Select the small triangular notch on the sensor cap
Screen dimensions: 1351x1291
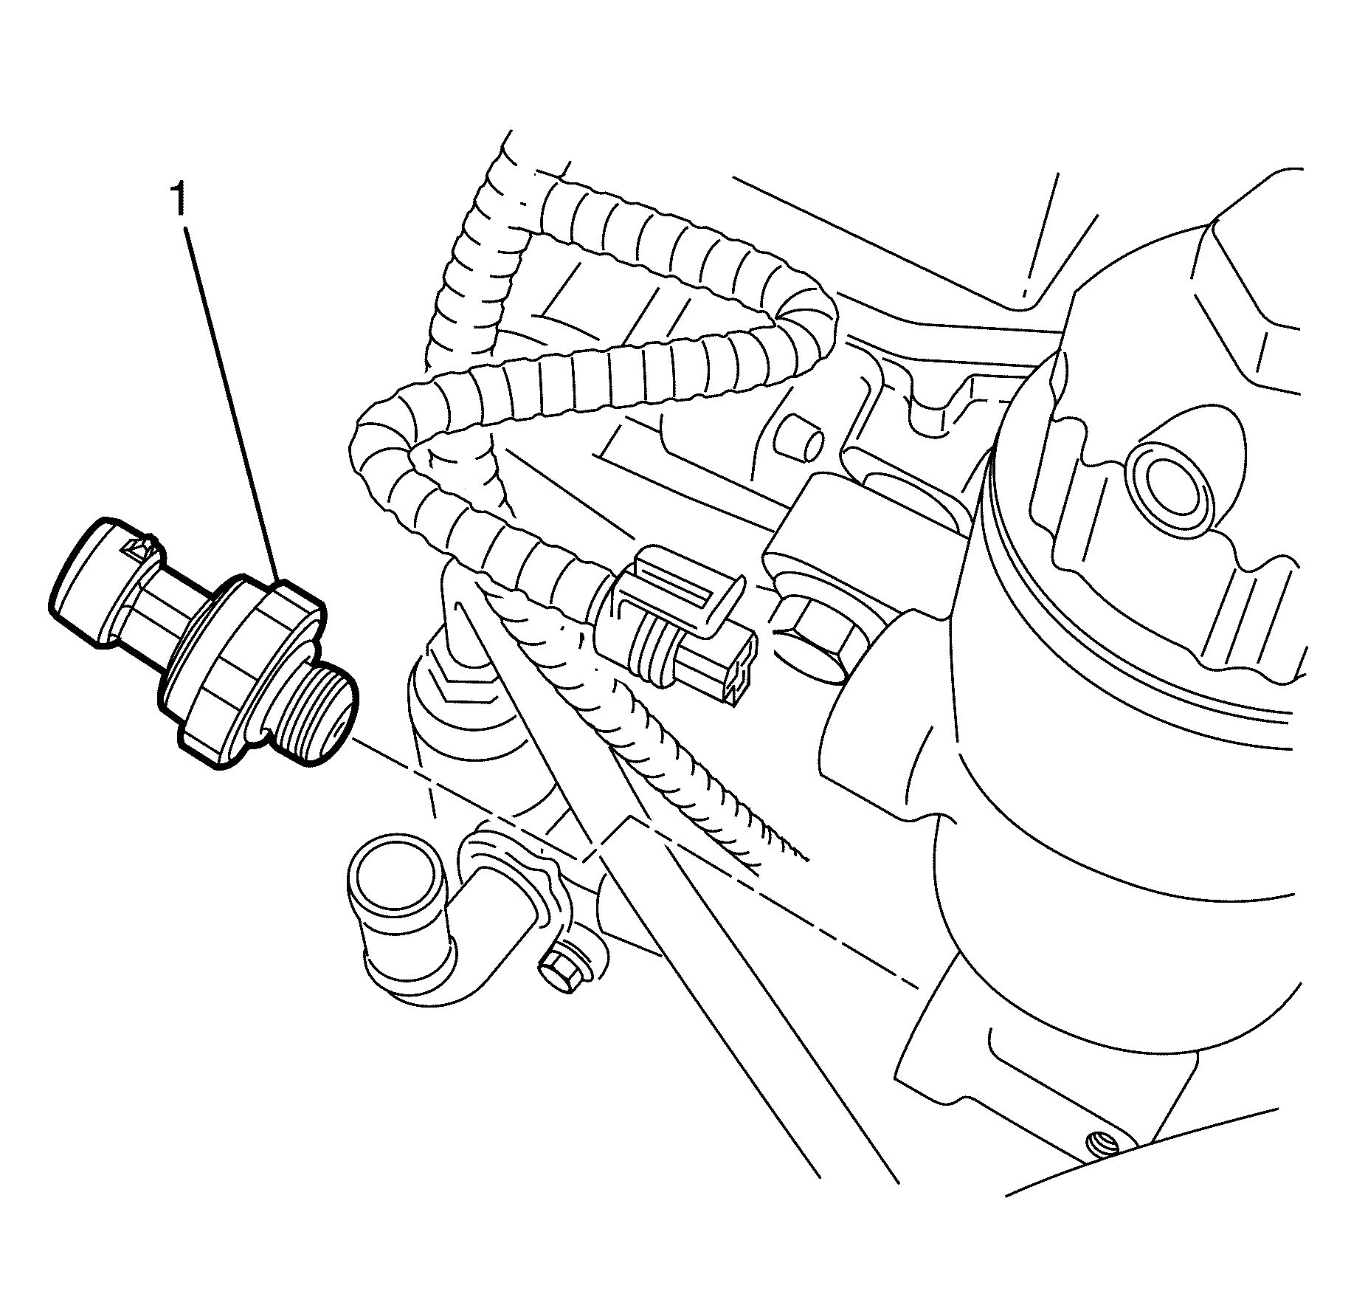click(137, 546)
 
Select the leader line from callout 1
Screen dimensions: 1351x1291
click(233, 407)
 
